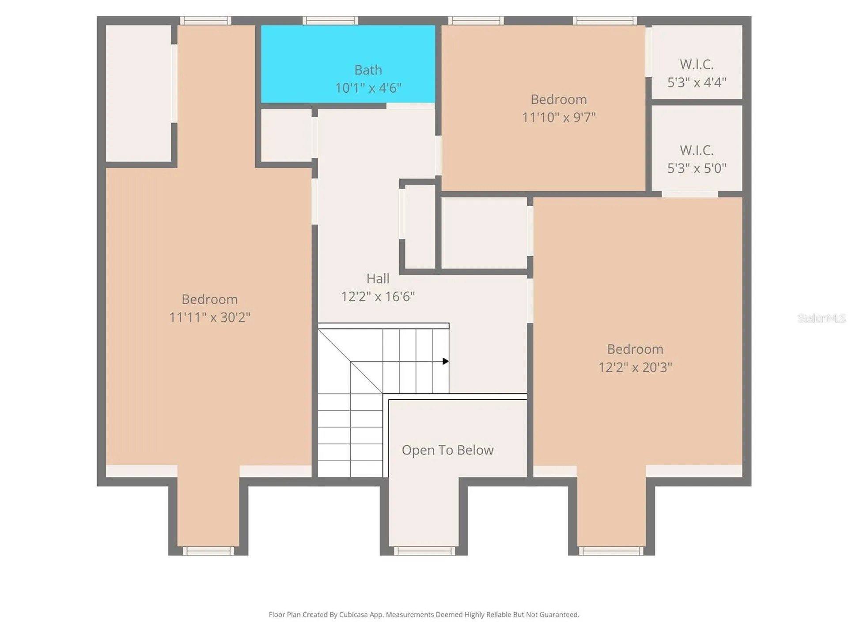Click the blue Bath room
348,64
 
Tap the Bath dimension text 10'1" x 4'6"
368,88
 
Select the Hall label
378,278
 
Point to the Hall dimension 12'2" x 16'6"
378,296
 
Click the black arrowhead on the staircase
446,361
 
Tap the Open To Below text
447,450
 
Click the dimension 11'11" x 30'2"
210,317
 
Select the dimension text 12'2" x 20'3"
635,367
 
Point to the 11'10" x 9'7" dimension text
559,117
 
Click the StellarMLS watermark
821,318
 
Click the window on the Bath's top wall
330,20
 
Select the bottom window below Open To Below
424,551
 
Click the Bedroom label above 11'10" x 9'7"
559,99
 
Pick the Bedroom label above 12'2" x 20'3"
635,349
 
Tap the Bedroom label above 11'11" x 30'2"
210,299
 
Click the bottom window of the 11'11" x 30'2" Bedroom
208,551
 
